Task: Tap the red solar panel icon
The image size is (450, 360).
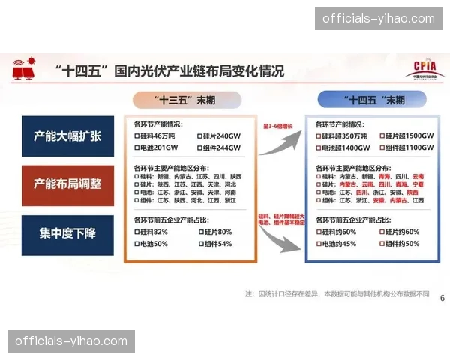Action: click(x=22, y=70)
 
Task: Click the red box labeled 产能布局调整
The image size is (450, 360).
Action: click(x=67, y=184)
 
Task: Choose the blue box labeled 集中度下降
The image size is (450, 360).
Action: click(x=67, y=232)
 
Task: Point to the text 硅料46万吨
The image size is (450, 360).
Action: click(x=154, y=136)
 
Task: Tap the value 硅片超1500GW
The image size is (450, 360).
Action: click(x=408, y=136)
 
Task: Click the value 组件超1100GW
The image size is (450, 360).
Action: click(x=408, y=148)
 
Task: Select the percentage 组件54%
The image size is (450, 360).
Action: click(x=217, y=244)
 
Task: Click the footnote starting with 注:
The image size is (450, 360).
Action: click(x=337, y=293)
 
